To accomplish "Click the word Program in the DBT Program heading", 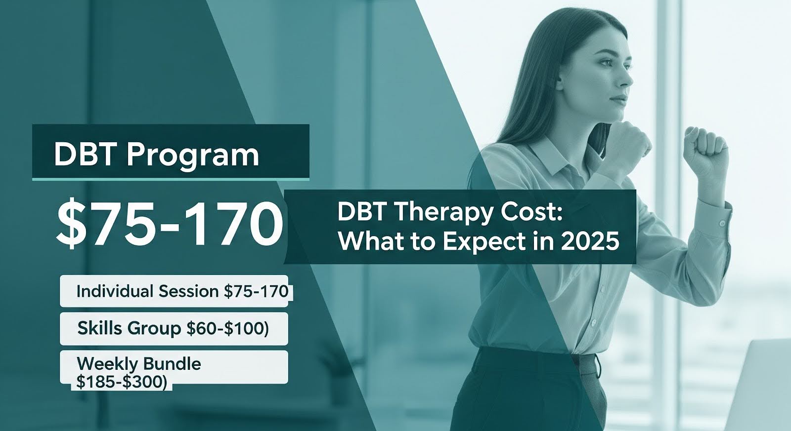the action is pyautogui.click(x=193, y=156).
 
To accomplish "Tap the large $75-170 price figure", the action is pyautogui.click(x=170, y=224).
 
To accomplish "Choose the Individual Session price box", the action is pyautogui.click(x=175, y=291).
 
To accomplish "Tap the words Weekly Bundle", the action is pyautogui.click(x=139, y=364).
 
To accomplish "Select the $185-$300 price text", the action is pyautogui.click(x=121, y=383).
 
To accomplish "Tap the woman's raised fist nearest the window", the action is pyautogui.click(x=704, y=149).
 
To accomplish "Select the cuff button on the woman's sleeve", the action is pyautogui.click(x=722, y=224).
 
